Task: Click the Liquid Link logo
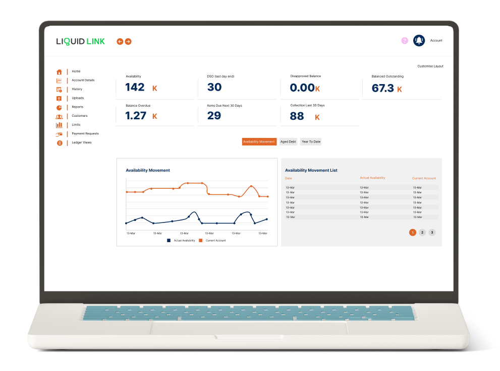81,41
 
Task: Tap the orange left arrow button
120,41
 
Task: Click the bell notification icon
419,41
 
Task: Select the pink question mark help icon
405,41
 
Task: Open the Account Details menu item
83,80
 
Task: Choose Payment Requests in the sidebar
85,133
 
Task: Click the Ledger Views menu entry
81,142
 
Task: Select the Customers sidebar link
79,116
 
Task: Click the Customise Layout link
430,66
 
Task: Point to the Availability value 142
135,87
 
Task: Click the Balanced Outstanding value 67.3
383,88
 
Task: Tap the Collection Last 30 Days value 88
297,116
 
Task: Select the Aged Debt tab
288,141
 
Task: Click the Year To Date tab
311,141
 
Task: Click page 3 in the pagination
432,232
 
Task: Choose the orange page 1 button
413,232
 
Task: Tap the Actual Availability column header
372,178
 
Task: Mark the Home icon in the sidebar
59,71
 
